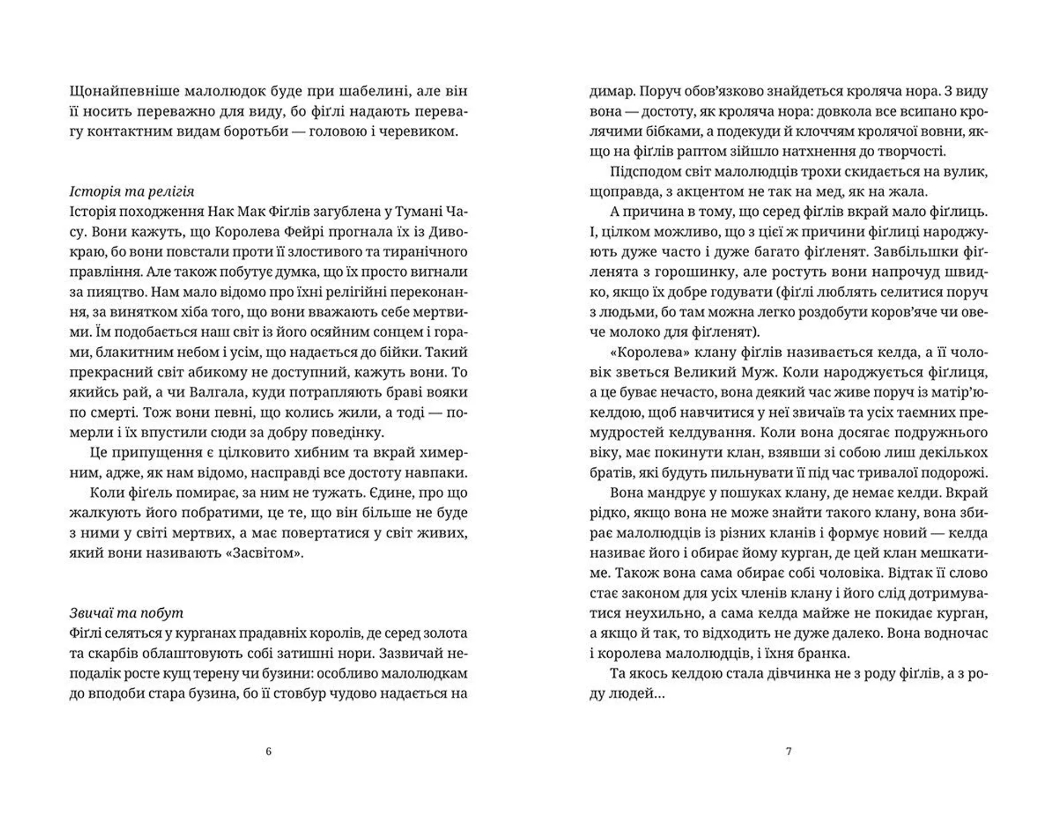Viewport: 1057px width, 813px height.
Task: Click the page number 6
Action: pyautogui.click(x=269, y=751)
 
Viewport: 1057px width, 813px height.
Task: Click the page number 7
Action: pyautogui.click(x=788, y=751)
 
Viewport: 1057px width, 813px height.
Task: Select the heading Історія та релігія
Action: pyautogui.click(x=132, y=192)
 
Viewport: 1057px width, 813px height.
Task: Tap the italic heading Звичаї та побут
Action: pyautogui.click(x=127, y=613)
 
